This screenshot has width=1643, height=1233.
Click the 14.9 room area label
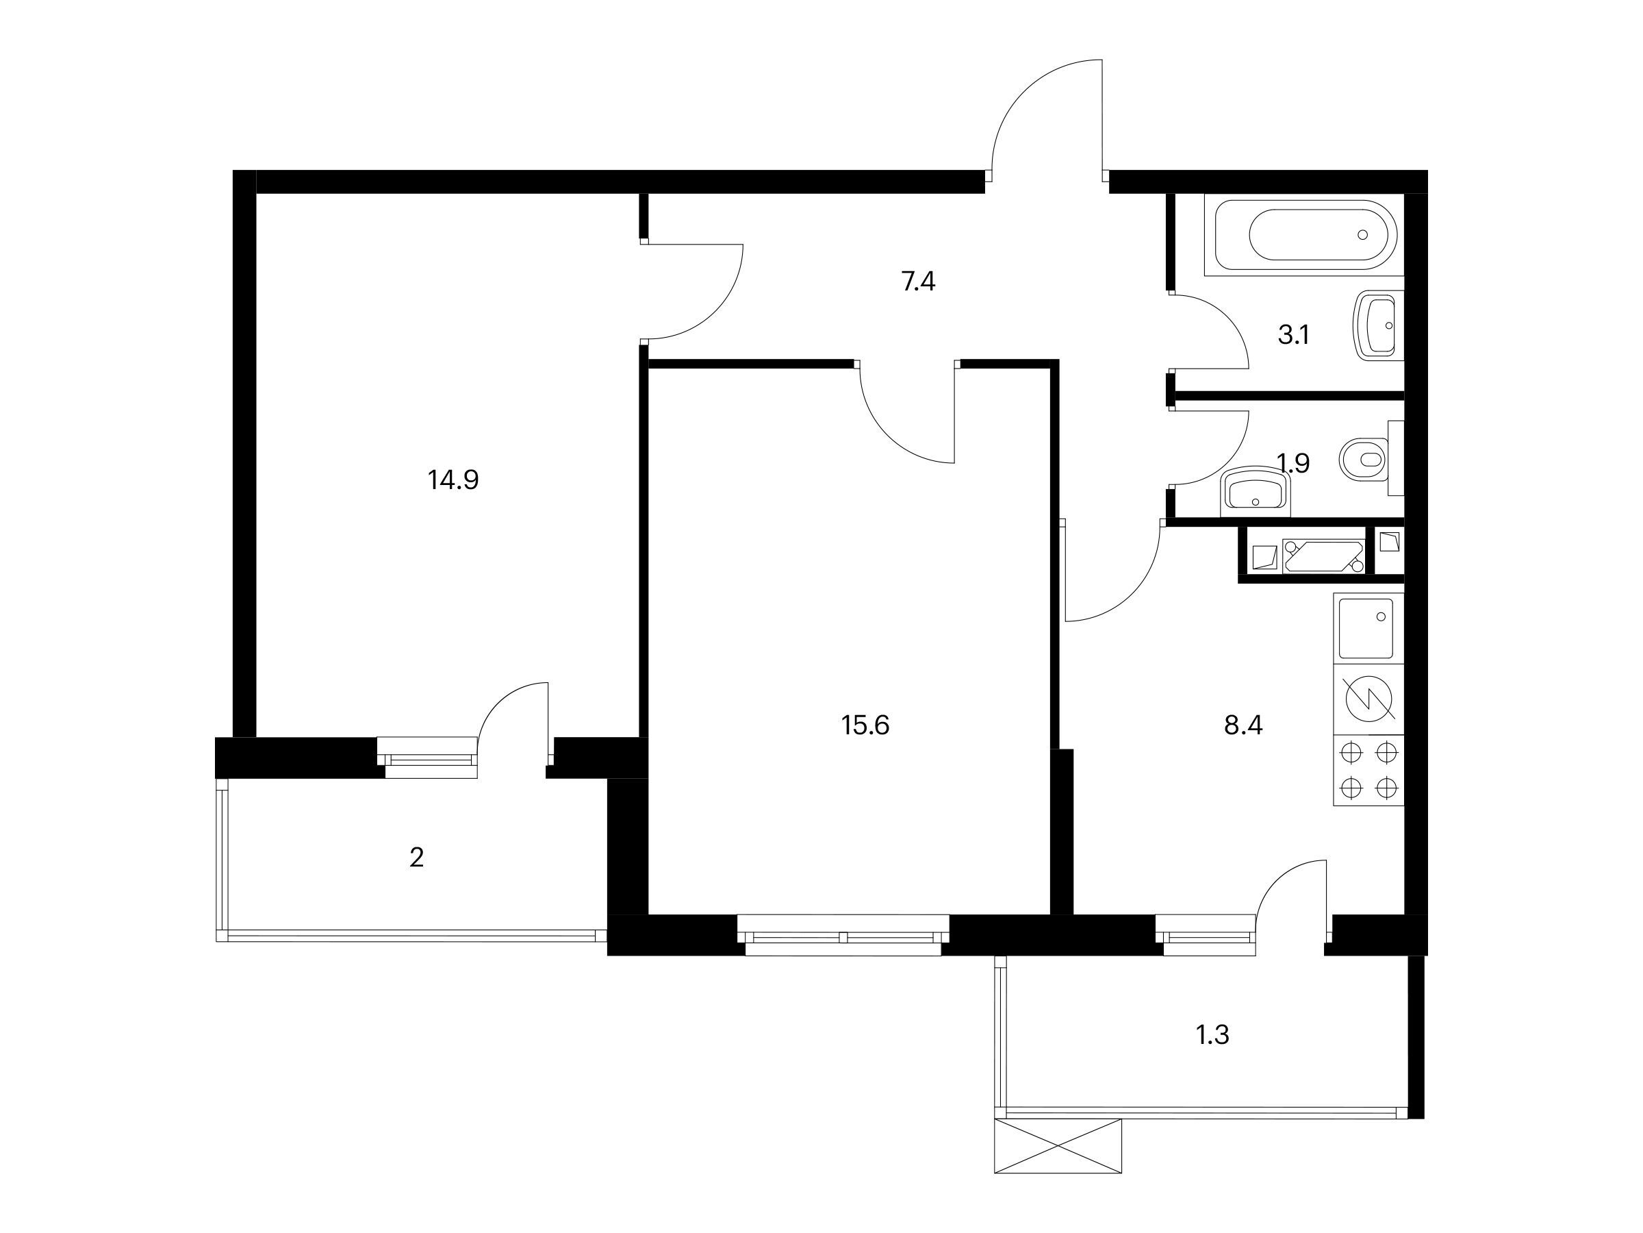(453, 480)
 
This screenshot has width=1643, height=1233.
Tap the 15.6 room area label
(865, 725)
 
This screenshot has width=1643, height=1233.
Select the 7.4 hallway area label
(918, 282)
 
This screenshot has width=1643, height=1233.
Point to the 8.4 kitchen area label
(1243, 725)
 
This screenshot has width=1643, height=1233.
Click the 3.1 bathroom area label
(1293, 335)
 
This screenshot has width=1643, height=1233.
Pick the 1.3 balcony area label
(1212, 1034)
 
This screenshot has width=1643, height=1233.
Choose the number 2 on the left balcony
(417, 858)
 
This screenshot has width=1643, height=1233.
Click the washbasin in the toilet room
(1256, 491)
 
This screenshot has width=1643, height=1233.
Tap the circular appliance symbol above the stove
(1370, 699)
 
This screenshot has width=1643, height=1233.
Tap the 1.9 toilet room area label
(1293, 463)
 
